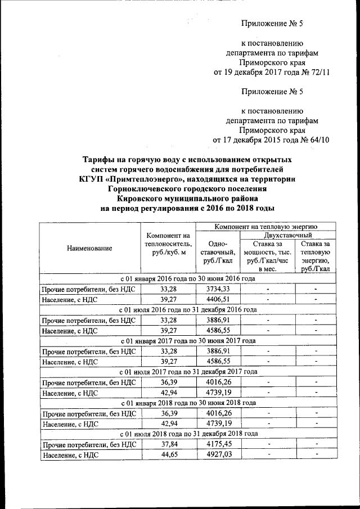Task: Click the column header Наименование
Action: [x=89, y=248]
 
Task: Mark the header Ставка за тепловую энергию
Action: [x=316, y=256]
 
